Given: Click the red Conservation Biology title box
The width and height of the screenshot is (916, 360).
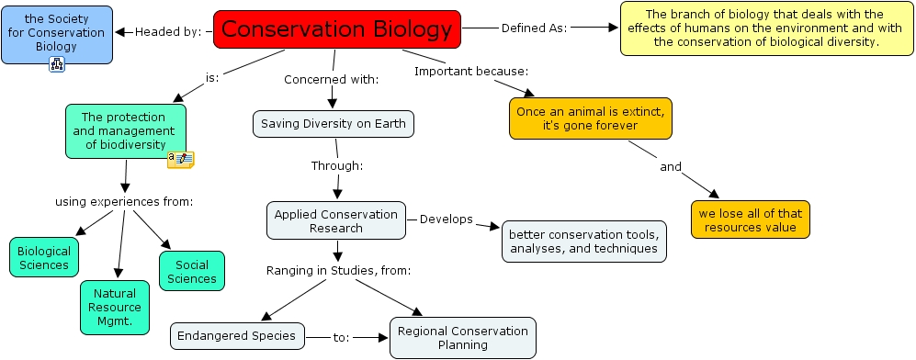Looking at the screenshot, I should pyautogui.click(x=336, y=29).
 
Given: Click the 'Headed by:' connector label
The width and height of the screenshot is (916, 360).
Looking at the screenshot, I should pyautogui.click(x=168, y=31).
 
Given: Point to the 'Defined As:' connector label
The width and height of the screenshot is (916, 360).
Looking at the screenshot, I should pyautogui.click(x=534, y=28).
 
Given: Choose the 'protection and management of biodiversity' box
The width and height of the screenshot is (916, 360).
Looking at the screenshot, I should pyautogui.click(x=125, y=130).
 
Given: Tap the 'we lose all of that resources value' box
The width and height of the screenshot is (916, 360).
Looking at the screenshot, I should pyautogui.click(x=751, y=219).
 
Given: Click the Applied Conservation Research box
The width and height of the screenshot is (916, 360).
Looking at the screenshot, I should pyautogui.click(x=336, y=220).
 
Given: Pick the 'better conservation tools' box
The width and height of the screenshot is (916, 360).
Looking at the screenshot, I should pyautogui.click(x=583, y=241).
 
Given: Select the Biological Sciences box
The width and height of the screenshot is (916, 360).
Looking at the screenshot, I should pyautogui.click(x=44, y=256).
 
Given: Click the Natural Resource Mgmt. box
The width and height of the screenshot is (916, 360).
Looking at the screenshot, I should pyautogui.click(x=114, y=306).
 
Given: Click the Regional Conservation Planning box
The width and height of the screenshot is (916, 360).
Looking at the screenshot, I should pyautogui.click(x=463, y=337).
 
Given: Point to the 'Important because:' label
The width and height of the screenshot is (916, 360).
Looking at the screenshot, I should pyautogui.click(x=470, y=71).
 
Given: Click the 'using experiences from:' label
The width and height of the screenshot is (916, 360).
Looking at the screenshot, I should pyautogui.click(x=123, y=201).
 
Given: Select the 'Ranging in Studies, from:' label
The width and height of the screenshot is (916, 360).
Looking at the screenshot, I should pyautogui.click(x=338, y=270).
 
